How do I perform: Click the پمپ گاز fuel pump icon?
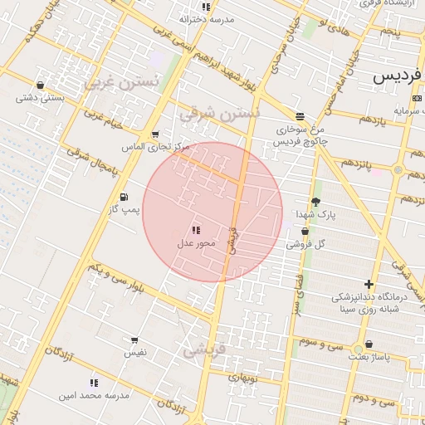(x=124, y=197)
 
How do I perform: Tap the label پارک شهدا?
(x=316, y=214)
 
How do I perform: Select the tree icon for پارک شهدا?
(x=315, y=202)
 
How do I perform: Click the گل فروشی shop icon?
(x=305, y=232)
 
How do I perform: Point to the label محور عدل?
(x=196, y=243)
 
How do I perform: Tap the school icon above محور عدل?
(x=196, y=230)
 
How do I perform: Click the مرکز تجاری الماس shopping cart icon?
(x=154, y=134)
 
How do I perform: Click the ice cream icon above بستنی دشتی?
(x=40, y=85)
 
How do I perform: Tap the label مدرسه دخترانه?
(x=208, y=18)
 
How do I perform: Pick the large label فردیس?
(x=398, y=76)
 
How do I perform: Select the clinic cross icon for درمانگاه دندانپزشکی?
(x=369, y=285)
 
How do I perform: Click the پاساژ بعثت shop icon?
(x=368, y=344)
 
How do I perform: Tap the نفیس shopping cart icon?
(x=134, y=340)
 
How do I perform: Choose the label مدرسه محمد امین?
(x=94, y=396)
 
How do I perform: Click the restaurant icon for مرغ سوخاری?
(x=300, y=116)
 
